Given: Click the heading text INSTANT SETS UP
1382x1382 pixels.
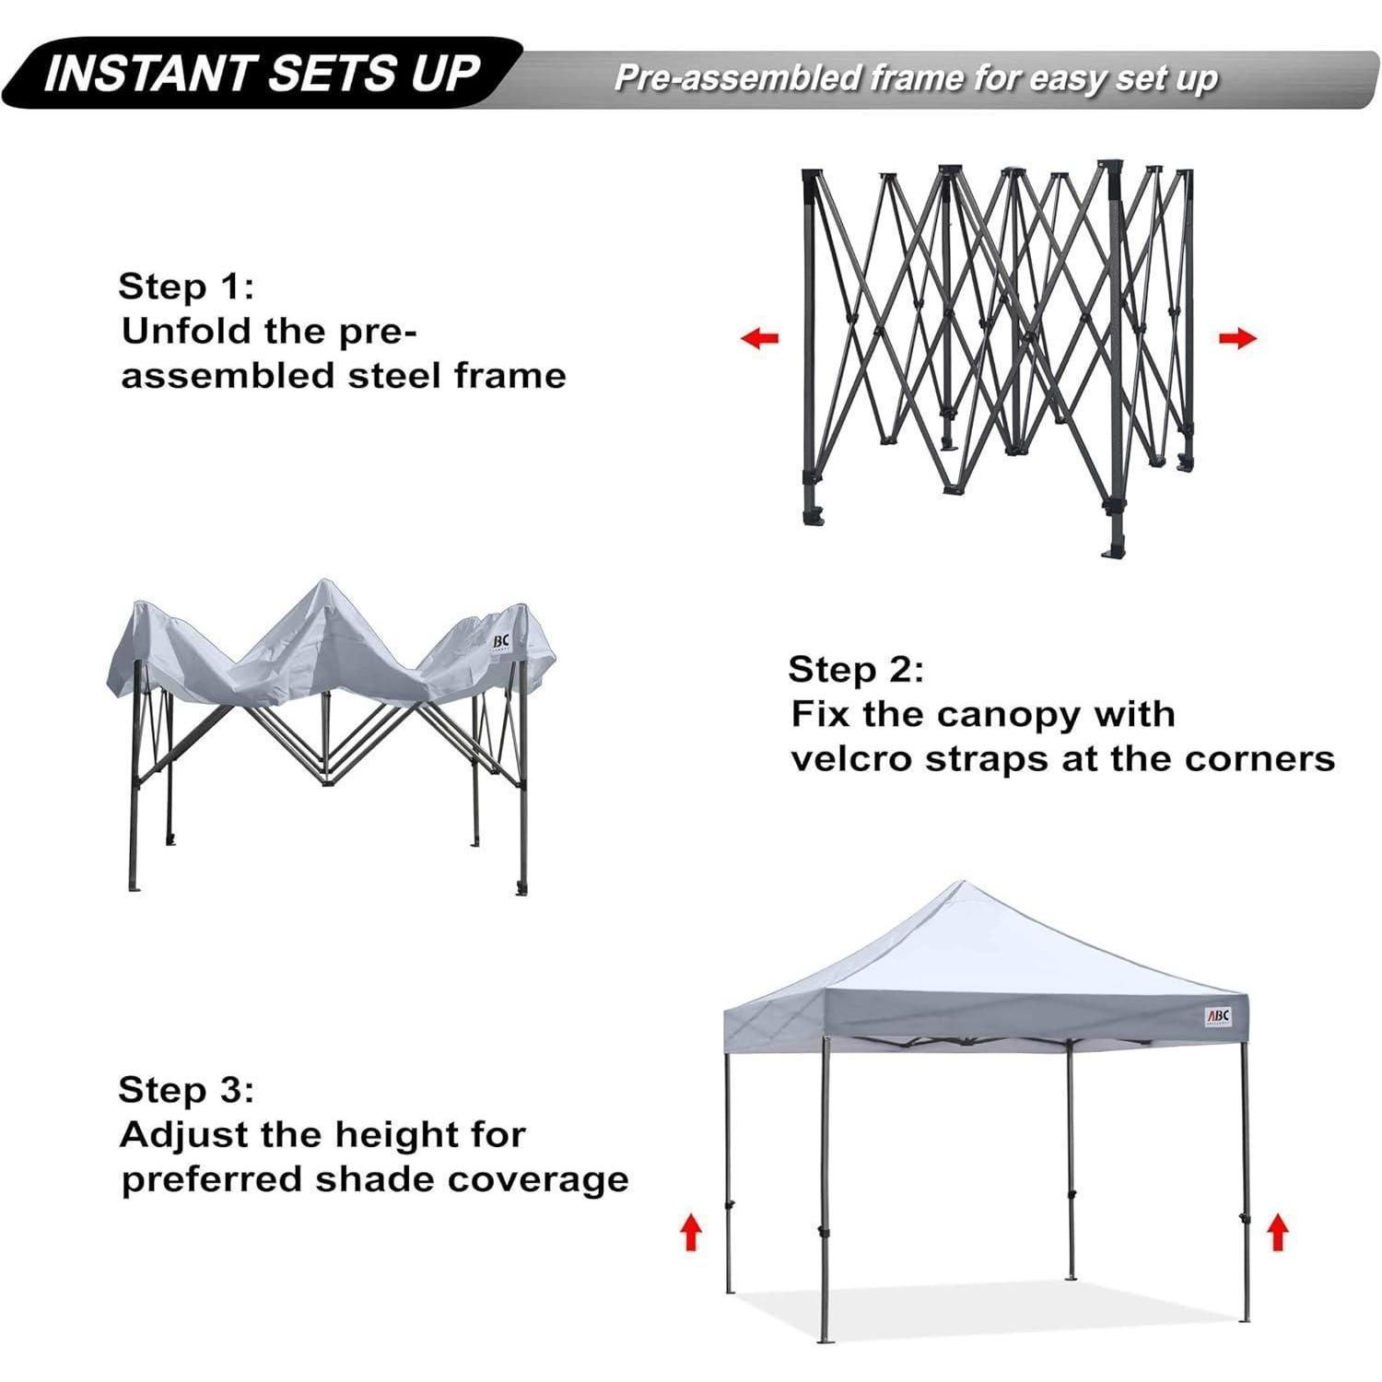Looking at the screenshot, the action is tap(262, 75).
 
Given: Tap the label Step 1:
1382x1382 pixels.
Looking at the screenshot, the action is tap(185, 287).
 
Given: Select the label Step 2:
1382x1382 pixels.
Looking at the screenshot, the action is tap(856, 670).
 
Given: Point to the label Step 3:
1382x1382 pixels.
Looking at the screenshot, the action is tap(185, 1090).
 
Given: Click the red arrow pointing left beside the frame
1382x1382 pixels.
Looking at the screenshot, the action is tap(760, 338).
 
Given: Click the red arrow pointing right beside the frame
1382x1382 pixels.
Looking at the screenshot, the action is tap(1237, 338).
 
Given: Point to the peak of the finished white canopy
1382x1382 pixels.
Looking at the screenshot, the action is tap(961, 882).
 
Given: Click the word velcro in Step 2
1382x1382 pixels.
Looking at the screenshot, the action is tap(852, 759).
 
